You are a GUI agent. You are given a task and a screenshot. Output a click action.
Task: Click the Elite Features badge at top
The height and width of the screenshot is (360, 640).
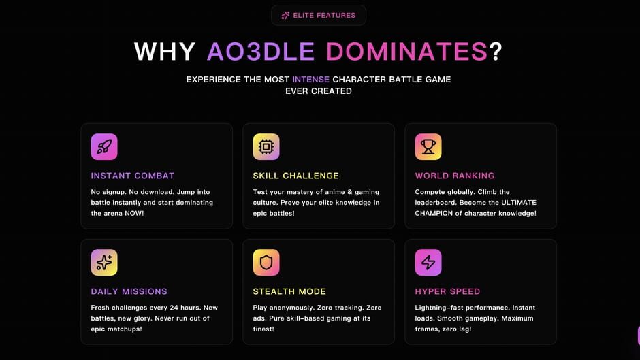319,15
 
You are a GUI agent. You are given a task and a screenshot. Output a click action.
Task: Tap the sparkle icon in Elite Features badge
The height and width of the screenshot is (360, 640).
285,16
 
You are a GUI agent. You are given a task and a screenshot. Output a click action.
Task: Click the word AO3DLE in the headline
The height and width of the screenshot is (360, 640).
261,52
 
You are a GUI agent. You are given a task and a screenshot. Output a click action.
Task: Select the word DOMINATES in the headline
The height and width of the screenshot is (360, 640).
406,52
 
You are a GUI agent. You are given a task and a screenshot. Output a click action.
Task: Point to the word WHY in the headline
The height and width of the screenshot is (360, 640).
165,52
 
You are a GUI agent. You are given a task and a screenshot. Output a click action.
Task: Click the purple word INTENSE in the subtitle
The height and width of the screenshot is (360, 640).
310,79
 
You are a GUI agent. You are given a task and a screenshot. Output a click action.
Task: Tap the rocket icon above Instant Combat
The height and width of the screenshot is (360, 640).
104,146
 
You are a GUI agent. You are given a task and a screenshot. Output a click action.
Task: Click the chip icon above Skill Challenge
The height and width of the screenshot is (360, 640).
266,146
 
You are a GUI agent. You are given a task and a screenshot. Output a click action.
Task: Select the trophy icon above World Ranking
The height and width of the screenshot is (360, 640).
428,146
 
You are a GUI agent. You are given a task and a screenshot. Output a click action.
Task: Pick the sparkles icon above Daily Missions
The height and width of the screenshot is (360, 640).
104,263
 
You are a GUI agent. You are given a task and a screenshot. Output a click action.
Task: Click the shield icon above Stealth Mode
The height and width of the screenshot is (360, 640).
266,263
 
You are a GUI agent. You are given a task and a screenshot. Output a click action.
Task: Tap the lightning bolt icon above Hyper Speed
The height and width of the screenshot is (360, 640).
428,263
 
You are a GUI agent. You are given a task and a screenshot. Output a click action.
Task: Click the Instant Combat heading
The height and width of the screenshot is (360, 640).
133,176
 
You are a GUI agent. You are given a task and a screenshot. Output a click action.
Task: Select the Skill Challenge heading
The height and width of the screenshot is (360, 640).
296,176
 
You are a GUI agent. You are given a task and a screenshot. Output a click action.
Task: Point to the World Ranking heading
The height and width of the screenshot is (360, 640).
455,176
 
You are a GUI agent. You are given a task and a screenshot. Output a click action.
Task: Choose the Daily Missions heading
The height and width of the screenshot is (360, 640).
129,291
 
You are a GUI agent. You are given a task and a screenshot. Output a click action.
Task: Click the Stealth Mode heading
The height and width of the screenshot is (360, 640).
289,291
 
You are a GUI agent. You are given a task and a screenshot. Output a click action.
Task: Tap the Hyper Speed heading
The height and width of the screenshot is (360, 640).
448,291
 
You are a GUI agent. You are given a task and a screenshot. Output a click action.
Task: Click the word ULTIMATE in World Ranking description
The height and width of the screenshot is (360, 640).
519,202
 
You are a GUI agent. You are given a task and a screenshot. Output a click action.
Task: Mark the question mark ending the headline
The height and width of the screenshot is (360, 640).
496,52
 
